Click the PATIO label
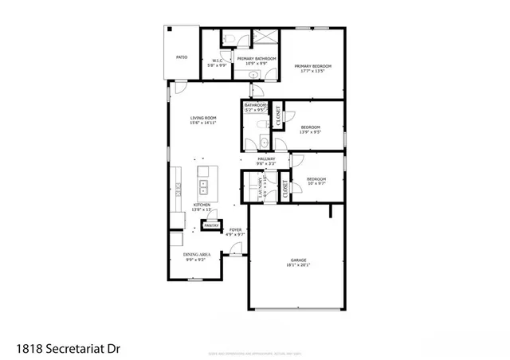tap(181, 57)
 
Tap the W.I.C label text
tap(217, 61)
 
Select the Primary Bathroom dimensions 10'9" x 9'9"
tap(257, 63)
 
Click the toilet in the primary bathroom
tap(228, 38)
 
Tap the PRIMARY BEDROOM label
tap(312, 66)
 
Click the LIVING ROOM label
tap(203, 118)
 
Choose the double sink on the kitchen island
tap(203, 187)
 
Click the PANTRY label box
tap(211, 225)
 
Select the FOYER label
tap(235, 230)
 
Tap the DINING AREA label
tap(195, 254)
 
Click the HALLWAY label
tap(266, 159)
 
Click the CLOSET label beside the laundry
tap(284, 188)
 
